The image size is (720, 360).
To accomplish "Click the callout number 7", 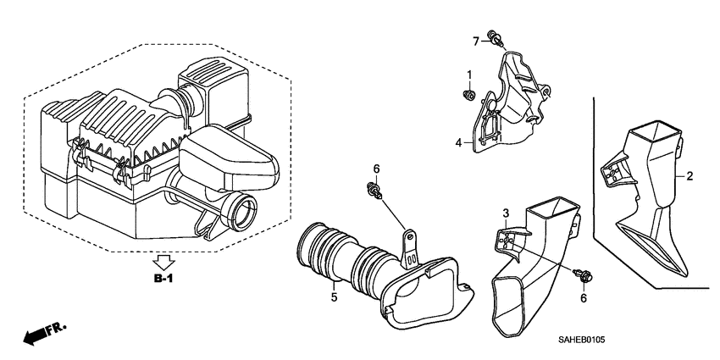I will pos(476,39).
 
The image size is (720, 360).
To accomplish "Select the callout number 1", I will pos(469,75).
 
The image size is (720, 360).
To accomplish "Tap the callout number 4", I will pos(458,144).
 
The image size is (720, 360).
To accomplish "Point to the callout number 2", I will pos(690,176).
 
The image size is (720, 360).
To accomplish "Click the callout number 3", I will pos(505,212).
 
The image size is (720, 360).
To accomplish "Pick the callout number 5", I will pos(334,297).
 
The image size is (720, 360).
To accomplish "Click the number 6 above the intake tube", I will pos(377,169).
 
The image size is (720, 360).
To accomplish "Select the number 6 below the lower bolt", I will pos(583,298).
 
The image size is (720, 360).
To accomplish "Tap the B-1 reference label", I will pos(164,277).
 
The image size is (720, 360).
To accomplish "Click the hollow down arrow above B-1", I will pos(164,260).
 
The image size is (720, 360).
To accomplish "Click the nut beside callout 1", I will pos(468,94).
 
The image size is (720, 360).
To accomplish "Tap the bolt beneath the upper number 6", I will pos(372,191).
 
